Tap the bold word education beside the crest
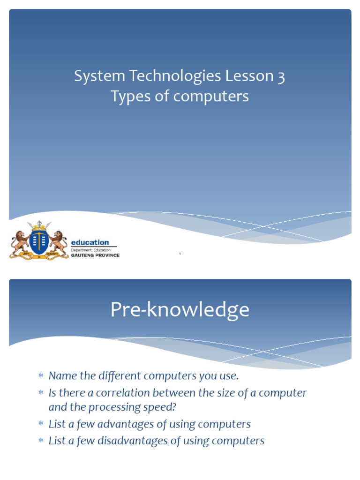point(90,242)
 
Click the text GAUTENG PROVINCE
point(95,255)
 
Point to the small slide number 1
point(180,255)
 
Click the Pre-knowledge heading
point(180,310)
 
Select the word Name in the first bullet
point(62,375)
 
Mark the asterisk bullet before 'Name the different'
point(41,376)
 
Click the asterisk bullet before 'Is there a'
point(41,393)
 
